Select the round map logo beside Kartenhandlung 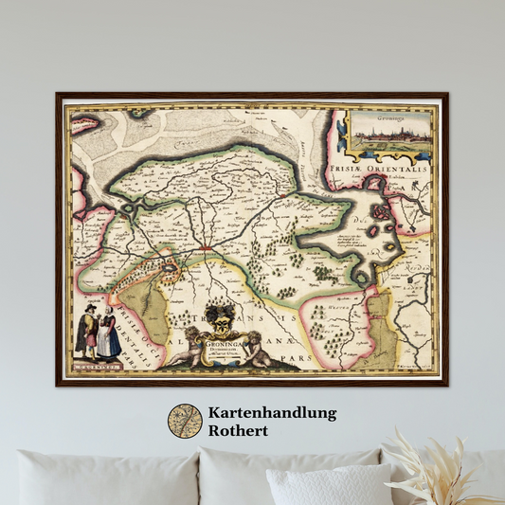click(185, 421)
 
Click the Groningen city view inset click(390, 135)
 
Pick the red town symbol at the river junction click(206, 247)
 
